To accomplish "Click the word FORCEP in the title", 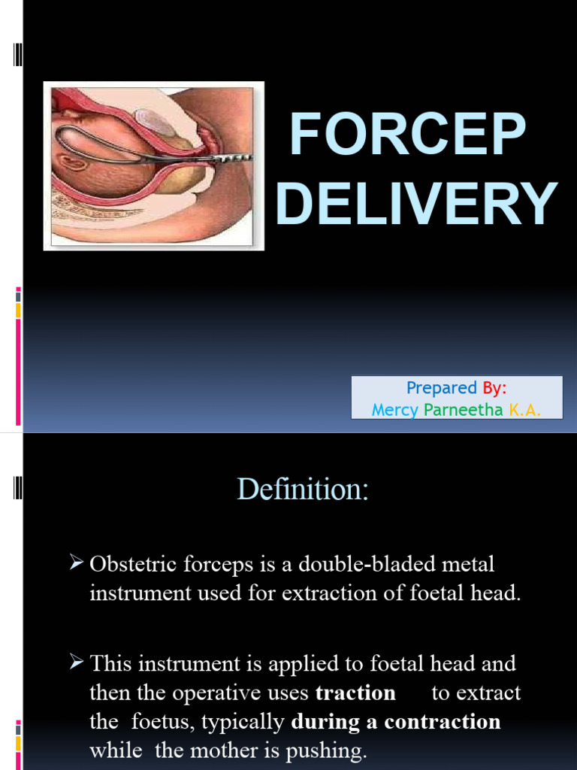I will pos(408,135).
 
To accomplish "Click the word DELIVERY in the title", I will pos(417,203).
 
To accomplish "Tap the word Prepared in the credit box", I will pos(442,388).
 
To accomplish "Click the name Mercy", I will pos(394,409).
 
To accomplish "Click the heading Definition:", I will pos(303,490).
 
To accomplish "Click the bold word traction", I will pos(355,693).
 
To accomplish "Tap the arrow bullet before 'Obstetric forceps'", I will pos(76,563).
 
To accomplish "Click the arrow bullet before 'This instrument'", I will pos(76,664).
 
